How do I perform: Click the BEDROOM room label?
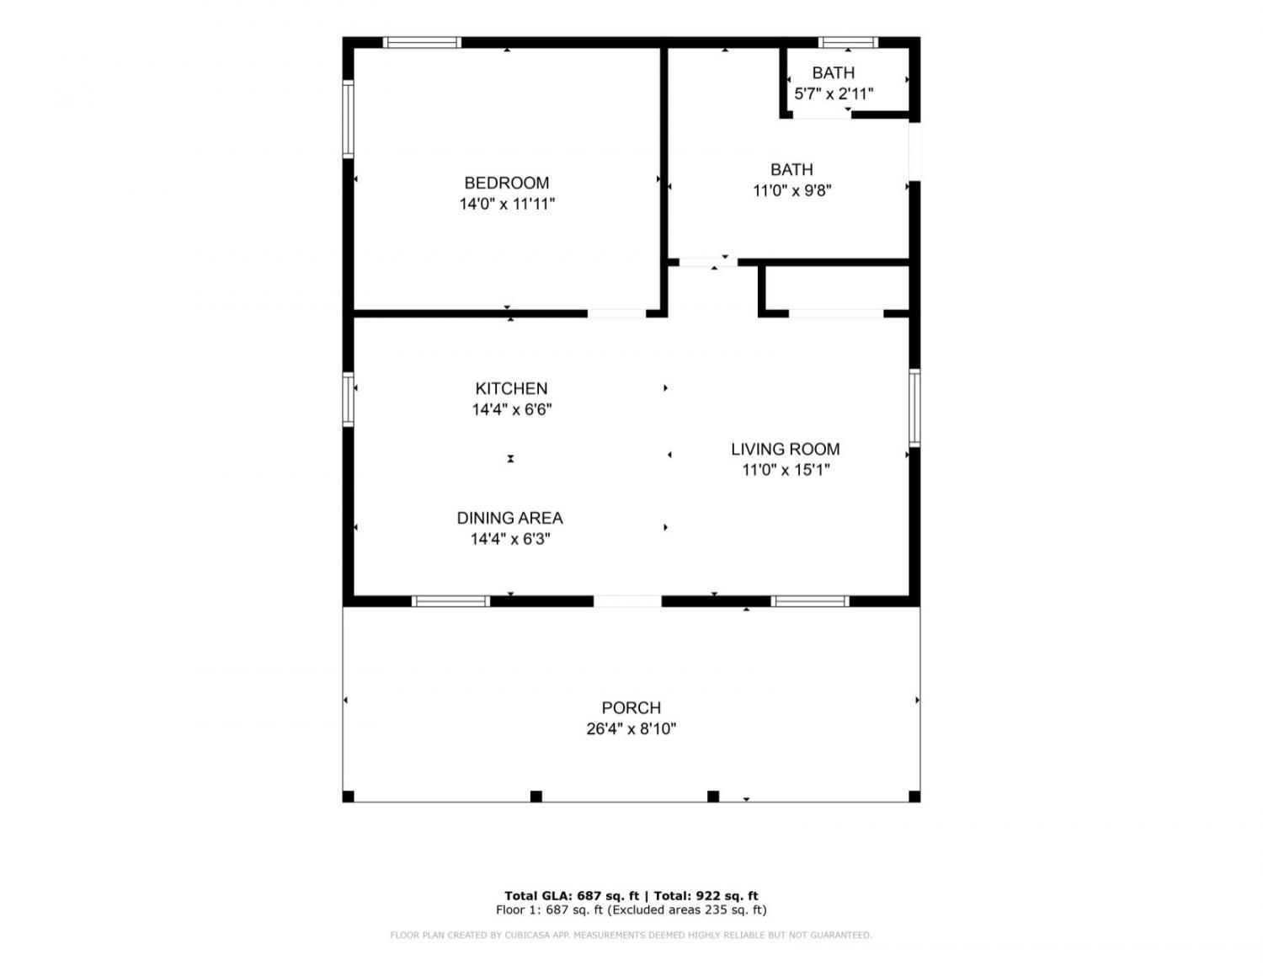click(506, 183)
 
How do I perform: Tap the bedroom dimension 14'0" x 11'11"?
click(507, 204)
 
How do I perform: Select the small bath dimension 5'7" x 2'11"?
click(834, 93)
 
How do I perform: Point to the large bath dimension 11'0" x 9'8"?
click(791, 190)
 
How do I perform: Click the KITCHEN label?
click(511, 388)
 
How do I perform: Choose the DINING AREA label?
click(509, 518)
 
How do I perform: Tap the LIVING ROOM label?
click(786, 449)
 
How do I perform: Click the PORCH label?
click(631, 707)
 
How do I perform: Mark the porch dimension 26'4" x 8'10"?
click(631, 728)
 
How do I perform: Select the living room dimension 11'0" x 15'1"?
click(786, 470)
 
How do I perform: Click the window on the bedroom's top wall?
click(422, 42)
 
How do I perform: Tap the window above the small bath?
click(848, 42)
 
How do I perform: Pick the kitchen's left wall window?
click(348, 399)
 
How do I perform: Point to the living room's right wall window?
click(914, 408)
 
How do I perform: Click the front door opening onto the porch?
click(627, 601)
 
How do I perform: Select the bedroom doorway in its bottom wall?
click(616, 313)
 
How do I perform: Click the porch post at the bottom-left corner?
click(348, 797)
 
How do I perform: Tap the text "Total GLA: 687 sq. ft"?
click(572, 896)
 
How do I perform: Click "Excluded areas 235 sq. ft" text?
click(687, 909)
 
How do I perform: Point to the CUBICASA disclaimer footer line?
click(631, 936)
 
